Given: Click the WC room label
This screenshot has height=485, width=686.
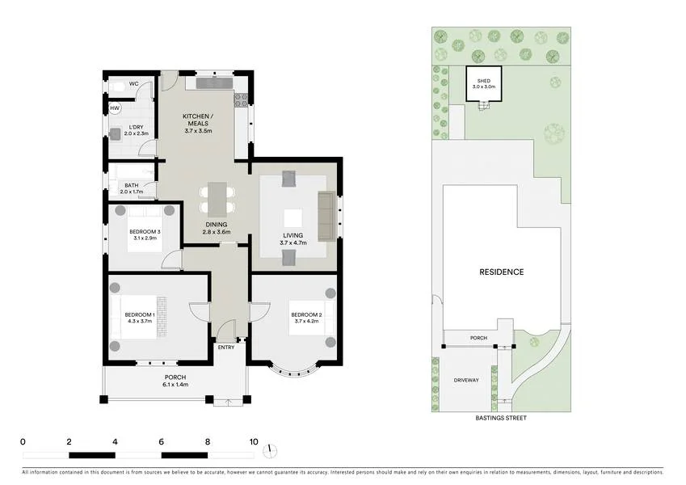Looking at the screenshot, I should [135, 83].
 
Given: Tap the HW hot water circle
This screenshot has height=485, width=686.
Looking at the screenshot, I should [115, 108].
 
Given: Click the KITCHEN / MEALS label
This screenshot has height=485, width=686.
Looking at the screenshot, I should [196, 120].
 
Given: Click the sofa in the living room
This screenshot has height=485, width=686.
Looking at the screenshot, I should [326, 216].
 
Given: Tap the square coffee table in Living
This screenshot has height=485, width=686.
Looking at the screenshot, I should [291, 217].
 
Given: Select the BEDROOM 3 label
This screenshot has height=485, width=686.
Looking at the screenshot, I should [145, 235].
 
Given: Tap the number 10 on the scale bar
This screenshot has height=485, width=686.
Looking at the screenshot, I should [254, 442].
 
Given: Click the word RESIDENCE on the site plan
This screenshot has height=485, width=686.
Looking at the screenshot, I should [501, 272].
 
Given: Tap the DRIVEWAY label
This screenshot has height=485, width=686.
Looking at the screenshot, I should [465, 379].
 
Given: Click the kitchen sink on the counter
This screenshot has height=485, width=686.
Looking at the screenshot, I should [213, 82].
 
